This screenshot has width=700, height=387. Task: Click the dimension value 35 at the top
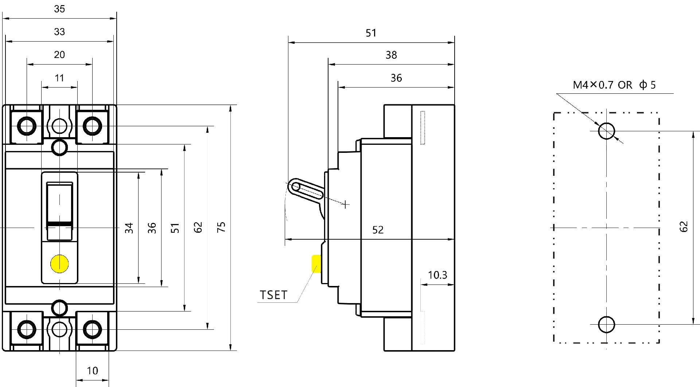(59, 9)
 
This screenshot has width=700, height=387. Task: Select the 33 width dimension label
(59, 32)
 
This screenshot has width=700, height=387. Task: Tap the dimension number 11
(59, 78)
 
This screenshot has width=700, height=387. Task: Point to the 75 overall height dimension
(221, 227)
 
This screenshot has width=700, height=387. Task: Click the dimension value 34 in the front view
(129, 228)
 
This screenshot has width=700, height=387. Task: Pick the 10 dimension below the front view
(92, 371)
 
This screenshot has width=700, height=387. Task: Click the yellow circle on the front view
(59, 264)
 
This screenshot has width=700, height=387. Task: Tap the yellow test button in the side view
(316, 264)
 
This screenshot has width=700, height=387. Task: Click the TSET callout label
(273, 295)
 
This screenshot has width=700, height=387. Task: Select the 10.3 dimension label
(437, 275)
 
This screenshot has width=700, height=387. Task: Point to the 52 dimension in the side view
(378, 230)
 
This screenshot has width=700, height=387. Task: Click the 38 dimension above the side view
(391, 55)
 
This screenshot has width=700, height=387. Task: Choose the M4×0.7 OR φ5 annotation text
(614, 85)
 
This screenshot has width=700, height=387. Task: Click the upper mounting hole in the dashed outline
(607, 131)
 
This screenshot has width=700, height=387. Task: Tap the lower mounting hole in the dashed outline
(607, 324)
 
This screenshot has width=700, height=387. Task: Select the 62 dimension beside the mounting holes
(684, 227)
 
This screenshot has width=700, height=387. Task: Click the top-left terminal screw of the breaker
(27, 126)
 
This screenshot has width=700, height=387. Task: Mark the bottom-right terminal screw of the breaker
(92, 329)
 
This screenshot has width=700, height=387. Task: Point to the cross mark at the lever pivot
(345, 205)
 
